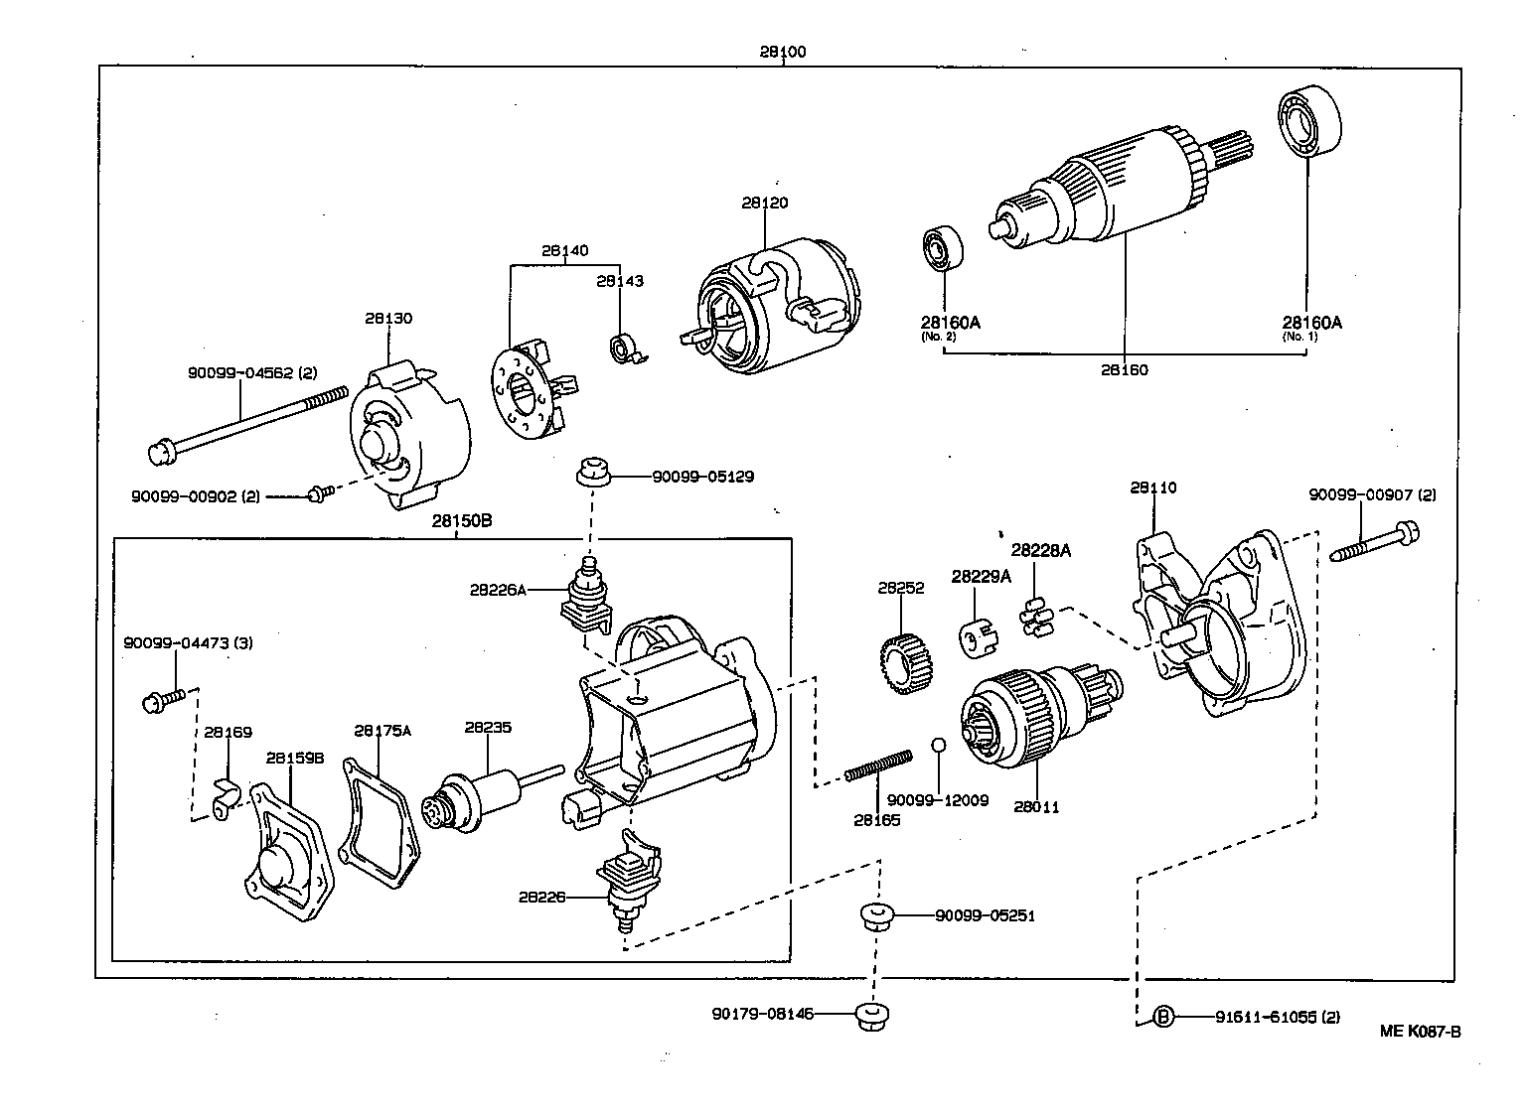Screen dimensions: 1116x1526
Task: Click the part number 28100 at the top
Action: [x=783, y=52]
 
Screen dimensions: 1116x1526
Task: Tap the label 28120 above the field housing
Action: [x=764, y=203]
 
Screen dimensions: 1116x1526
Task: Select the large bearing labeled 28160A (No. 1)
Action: [x=1307, y=124]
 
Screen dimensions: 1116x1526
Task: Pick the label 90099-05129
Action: [x=702, y=477]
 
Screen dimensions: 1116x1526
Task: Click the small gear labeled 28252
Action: [x=903, y=664]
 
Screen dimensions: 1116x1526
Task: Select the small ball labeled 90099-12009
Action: [x=938, y=746]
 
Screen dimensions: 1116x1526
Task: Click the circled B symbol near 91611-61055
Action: [x=1163, y=1017]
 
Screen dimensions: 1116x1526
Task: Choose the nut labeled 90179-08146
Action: [x=871, y=1016]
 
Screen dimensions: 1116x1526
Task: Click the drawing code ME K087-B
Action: [x=1420, y=1031]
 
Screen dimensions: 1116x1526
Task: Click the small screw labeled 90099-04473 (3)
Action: [x=164, y=700]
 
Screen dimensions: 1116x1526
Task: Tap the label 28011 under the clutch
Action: [x=1037, y=807]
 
